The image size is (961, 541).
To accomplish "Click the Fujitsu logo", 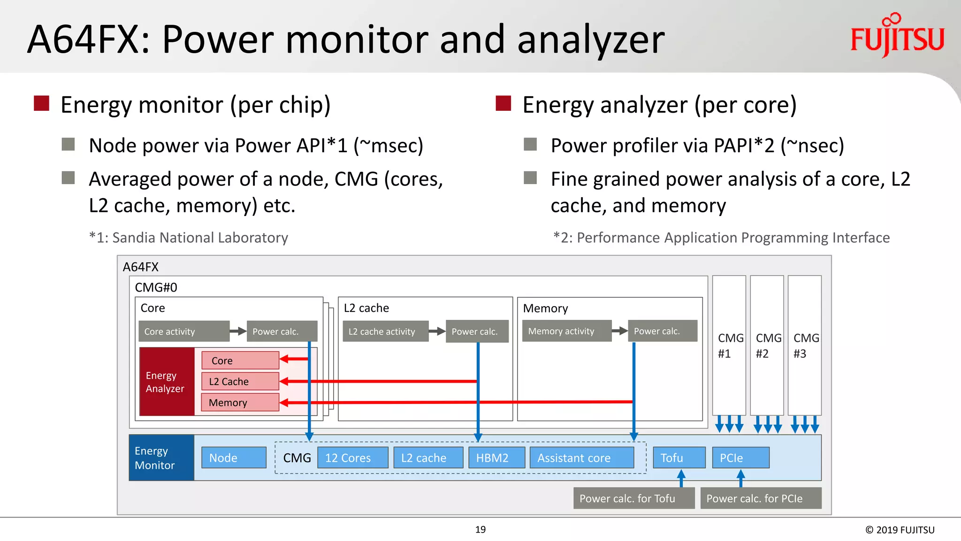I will coord(897,38).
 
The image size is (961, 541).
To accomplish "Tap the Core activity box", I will coord(184,331).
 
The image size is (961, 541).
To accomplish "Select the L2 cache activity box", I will coord(385,331).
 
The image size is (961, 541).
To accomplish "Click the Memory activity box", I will coord(566,331).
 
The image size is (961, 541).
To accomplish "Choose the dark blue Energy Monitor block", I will coord(161,457).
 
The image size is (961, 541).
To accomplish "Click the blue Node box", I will coord(234,457).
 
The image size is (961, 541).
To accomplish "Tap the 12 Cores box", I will coord(352,457).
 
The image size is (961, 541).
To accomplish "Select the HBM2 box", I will coord(496,457).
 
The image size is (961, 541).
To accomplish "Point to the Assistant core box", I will coord(581,457).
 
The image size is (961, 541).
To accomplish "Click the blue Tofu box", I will coord(679,457).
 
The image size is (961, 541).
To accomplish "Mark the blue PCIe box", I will coord(740,457).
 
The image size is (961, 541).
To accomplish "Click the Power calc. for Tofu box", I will coord(633,498).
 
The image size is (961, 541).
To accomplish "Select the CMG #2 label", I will coord(768,346).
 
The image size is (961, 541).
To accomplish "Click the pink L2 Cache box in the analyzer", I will coord(240,381).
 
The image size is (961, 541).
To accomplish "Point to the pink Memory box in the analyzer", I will coord(240,402).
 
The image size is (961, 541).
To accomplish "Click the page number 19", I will coord(480,530).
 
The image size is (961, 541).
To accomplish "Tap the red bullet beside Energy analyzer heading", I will coord(503,103).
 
